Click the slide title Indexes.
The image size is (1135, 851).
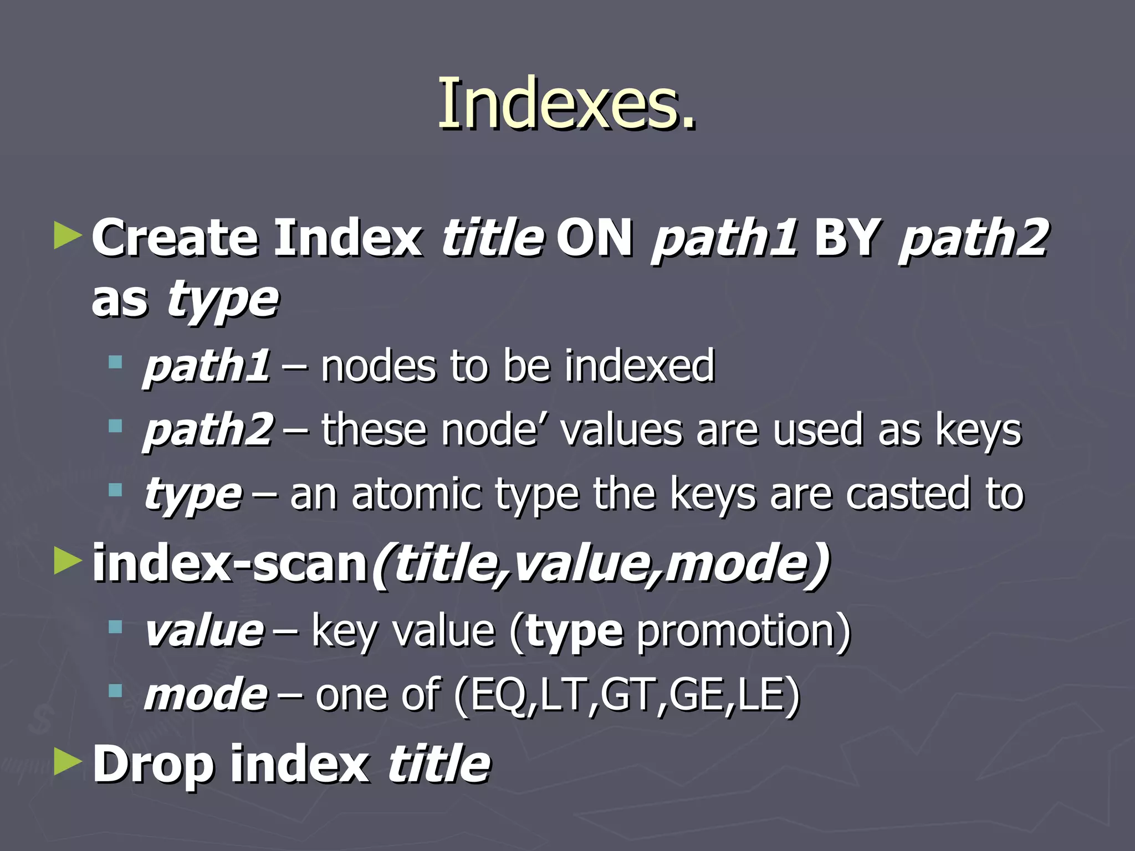click(x=566, y=104)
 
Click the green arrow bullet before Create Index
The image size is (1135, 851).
click(x=68, y=236)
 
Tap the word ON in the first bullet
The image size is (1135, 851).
click(x=594, y=238)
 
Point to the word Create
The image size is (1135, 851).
click(x=175, y=238)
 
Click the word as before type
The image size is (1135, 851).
click(x=120, y=300)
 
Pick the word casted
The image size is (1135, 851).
click(x=908, y=494)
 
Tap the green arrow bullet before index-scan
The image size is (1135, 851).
click(x=68, y=562)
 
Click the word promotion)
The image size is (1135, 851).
click(x=743, y=632)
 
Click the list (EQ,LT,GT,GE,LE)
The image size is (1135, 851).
click(x=626, y=695)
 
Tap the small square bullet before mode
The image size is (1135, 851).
click(x=115, y=690)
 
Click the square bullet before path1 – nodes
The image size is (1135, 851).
click(x=115, y=363)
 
